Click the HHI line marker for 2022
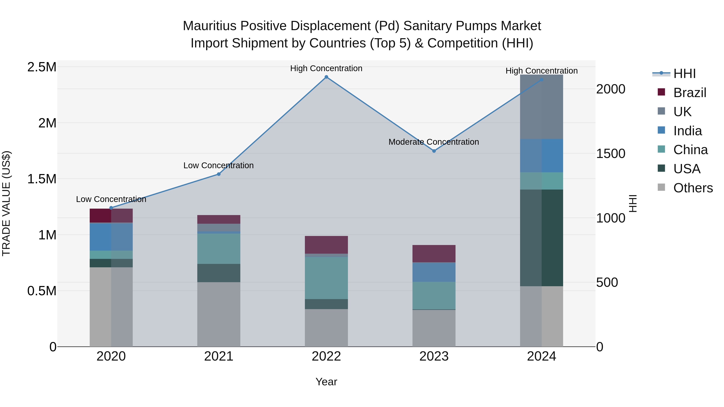pos(326,77)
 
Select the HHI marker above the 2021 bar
pos(219,174)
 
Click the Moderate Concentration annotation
pos(434,142)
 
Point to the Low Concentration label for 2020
pos(111,199)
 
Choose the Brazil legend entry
pos(689,93)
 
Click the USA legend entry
pos(687,169)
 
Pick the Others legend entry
pos(693,188)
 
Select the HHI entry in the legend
pos(684,74)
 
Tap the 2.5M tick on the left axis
pos(42,67)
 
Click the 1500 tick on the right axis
pos(610,154)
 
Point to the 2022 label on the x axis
pos(326,356)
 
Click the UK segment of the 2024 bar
pos(542,107)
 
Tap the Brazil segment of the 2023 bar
pos(434,254)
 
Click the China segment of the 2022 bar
pos(326,278)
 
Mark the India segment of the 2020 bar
pos(111,237)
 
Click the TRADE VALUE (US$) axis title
pos(6,203)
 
